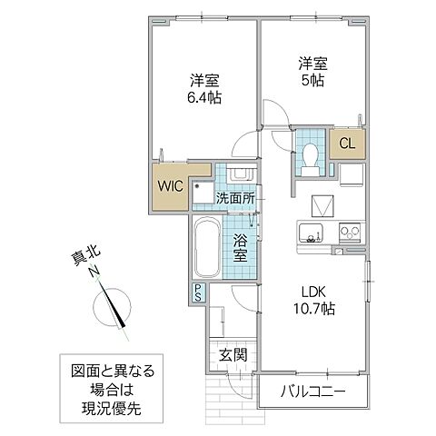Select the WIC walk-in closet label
pos(173,185)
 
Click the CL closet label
pos(347,143)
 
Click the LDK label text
pos(313,292)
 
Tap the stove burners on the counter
pos(350,232)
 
